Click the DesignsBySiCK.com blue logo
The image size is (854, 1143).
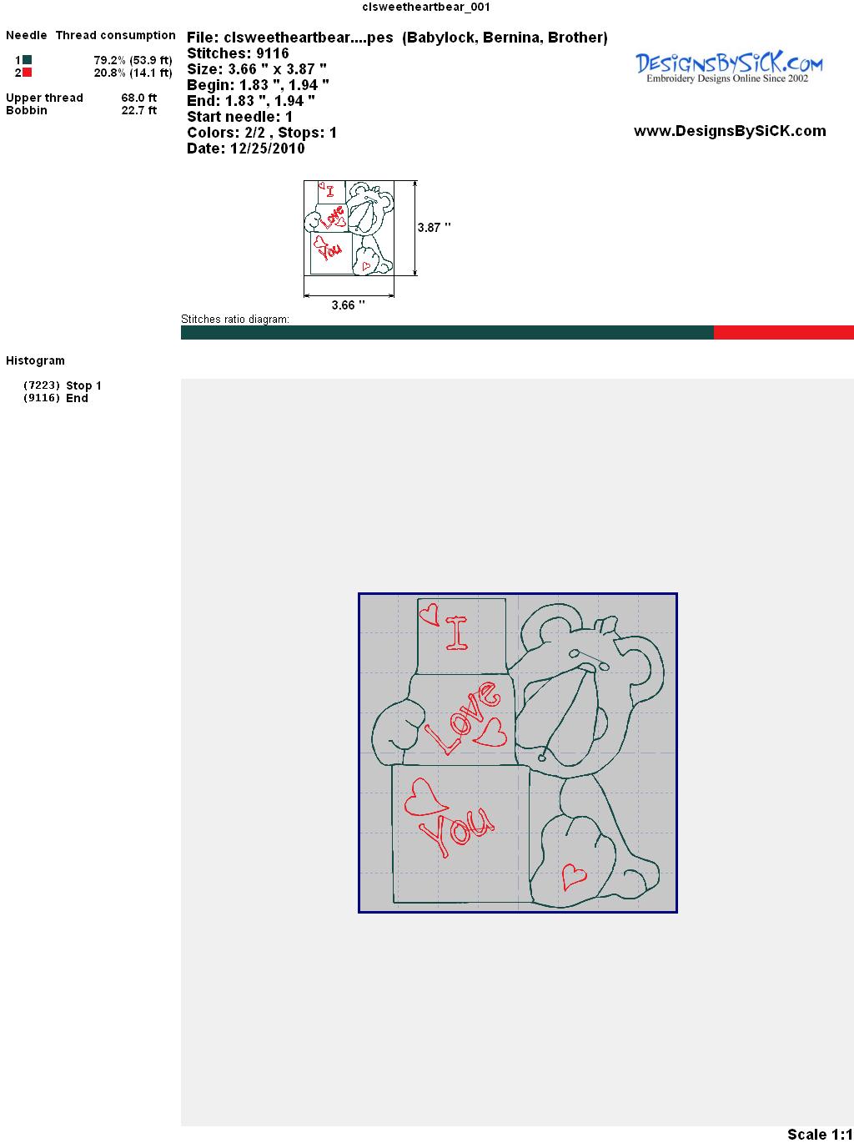(x=729, y=68)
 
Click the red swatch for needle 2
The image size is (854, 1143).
(x=27, y=73)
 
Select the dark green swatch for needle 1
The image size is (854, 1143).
(x=27, y=60)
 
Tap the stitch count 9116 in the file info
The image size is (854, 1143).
(x=273, y=53)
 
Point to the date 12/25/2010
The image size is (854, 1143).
(x=268, y=149)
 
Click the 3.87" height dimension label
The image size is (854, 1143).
(x=434, y=228)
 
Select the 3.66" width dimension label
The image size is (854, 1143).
(x=348, y=305)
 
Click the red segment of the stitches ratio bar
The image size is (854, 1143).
(x=784, y=332)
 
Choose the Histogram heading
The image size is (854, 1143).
(x=35, y=360)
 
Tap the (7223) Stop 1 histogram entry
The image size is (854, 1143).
(x=62, y=385)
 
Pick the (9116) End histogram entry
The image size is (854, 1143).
(x=56, y=398)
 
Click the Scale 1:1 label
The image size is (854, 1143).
(x=820, y=1134)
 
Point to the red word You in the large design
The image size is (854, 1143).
(x=456, y=833)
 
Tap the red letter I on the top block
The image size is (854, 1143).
(x=457, y=633)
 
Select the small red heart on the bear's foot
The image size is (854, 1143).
(x=574, y=877)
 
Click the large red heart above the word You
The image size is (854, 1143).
(x=425, y=798)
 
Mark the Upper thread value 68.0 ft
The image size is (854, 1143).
(x=139, y=98)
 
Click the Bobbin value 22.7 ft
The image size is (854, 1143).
(x=139, y=110)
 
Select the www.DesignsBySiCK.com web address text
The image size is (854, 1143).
(x=730, y=131)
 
